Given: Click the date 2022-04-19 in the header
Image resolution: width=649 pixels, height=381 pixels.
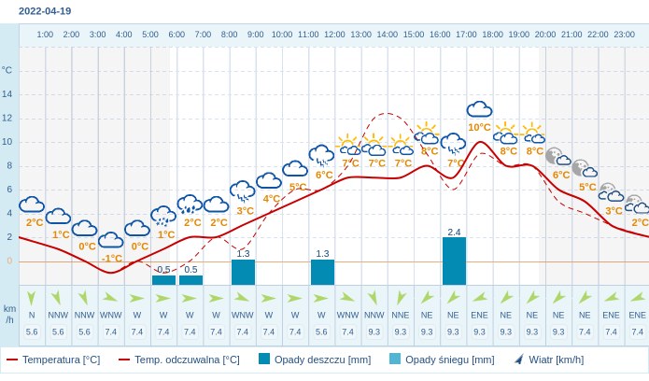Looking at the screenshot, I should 45,11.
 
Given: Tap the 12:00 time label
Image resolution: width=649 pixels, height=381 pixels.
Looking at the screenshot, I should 334,35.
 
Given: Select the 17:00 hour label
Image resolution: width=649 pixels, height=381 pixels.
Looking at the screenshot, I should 466,35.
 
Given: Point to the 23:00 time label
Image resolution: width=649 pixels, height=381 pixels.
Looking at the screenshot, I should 624,35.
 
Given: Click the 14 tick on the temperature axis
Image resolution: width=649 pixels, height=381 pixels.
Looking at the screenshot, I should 7,94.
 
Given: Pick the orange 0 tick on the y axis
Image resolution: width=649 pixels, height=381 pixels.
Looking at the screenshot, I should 9,261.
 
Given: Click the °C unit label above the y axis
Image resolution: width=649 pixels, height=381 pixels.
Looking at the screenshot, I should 7,70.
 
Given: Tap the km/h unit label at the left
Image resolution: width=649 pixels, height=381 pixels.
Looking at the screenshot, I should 9,314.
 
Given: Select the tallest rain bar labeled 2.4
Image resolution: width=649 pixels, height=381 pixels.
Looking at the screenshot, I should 454,261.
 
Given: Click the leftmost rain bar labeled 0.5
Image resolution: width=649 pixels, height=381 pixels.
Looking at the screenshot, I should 163,279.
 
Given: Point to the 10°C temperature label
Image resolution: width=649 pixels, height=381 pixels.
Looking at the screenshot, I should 479,127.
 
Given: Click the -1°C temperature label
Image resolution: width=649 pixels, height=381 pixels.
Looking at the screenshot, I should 112,259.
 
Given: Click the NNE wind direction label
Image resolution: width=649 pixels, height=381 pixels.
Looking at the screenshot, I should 401,315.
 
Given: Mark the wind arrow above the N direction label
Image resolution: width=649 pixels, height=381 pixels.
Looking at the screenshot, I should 32,298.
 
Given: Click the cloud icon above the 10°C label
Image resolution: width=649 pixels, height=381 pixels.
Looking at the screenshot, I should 479,109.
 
